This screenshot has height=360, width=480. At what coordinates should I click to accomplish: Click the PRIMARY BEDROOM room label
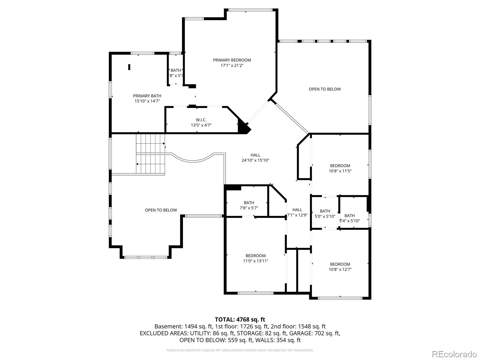[232, 60]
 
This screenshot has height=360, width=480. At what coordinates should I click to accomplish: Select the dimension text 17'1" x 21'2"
[232, 65]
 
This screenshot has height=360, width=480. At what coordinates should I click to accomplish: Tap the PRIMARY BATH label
[147, 96]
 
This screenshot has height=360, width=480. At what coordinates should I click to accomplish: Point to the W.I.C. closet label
[201, 120]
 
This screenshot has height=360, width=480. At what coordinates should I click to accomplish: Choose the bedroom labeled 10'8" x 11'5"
[340, 168]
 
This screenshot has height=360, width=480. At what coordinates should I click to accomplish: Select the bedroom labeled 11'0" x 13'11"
[256, 258]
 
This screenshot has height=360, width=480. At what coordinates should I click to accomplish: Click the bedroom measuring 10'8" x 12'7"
[340, 267]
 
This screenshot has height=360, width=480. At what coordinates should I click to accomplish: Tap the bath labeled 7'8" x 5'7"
[249, 205]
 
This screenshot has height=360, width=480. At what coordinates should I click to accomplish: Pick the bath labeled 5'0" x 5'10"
[325, 214]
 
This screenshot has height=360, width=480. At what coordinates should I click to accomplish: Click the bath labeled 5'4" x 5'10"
[349, 218]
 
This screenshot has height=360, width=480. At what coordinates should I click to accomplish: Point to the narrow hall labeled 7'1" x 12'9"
[297, 212]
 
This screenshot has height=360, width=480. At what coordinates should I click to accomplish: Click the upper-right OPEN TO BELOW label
[325, 89]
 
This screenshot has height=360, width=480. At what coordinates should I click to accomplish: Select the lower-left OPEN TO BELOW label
[161, 210]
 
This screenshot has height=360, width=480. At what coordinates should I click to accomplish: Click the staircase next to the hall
[151, 154]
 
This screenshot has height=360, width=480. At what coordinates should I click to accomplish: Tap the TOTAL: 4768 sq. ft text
[240, 319]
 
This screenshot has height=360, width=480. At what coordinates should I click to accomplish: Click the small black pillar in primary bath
[129, 67]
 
